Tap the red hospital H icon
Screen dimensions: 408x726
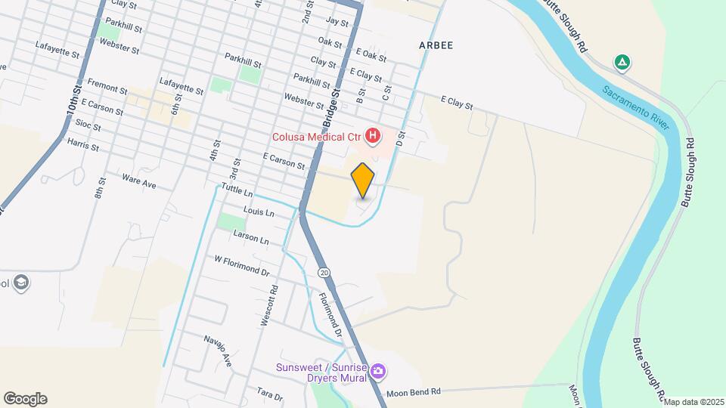tap(373, 137)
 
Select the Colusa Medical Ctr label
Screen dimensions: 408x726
tap(318, 137)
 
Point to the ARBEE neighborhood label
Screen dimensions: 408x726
tap(436, 45)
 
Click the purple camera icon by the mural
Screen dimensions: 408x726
tap(377, 371)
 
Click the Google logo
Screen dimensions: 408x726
tap(25, 399)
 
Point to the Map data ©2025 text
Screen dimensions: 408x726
tap(693, 402)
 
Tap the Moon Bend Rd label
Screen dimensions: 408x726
tap(413, 392)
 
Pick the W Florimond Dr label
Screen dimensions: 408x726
tap(242, 265)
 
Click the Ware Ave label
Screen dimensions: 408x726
tap(138, 181)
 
